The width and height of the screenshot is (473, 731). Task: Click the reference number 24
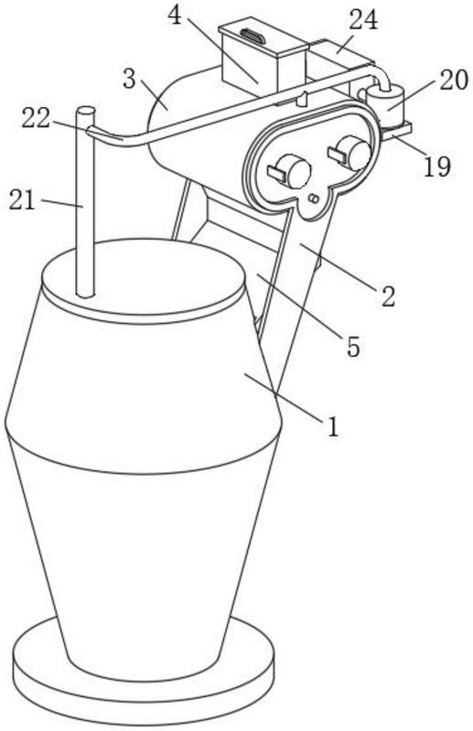pos(363,21)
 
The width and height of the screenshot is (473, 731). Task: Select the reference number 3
pos(129,80)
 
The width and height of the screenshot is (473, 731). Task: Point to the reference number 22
pos(36,119)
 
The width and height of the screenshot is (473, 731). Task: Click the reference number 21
pos(22,201)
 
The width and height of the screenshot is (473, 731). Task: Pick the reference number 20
pos(454,81)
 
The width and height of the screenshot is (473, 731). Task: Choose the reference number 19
pos(437,167)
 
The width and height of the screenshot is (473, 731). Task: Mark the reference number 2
pos(388,296)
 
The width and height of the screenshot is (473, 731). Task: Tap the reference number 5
pos(353,347)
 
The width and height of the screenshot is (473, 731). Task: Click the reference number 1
pos(333,426)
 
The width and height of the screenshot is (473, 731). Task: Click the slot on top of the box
pos(253,36)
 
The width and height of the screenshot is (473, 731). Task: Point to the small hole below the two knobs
pos(314,199)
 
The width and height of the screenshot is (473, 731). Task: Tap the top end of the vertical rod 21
pos(86,112)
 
